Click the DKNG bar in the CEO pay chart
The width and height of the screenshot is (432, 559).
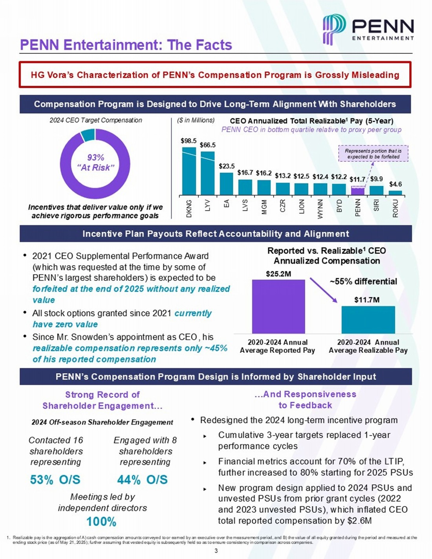point(189,171)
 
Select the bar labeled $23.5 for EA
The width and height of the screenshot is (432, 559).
point(226,183)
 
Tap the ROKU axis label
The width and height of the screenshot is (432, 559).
point(395,208)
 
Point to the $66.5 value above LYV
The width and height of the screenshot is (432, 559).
point(208,145)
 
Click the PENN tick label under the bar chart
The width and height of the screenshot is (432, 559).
point(358,207)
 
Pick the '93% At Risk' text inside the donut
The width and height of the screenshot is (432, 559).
point(95,163)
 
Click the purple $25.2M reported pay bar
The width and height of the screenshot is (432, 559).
point(278,306)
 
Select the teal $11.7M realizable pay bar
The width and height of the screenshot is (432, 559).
point(368,320)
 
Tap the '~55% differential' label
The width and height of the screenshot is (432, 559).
point(363,281)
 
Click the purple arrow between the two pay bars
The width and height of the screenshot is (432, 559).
point(324,290)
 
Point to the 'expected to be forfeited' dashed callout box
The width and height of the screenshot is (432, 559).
point(373,154)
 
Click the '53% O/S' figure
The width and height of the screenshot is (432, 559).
point(55,480)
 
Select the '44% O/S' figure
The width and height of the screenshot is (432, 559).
point(143,480)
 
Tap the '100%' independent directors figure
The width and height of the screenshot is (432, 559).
point(101,522)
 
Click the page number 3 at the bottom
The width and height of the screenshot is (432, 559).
point(216,551)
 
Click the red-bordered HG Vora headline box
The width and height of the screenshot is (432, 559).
point(215,75)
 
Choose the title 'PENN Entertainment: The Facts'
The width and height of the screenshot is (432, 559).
point(126,45)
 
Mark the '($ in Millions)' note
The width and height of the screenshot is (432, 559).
point(196,120)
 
